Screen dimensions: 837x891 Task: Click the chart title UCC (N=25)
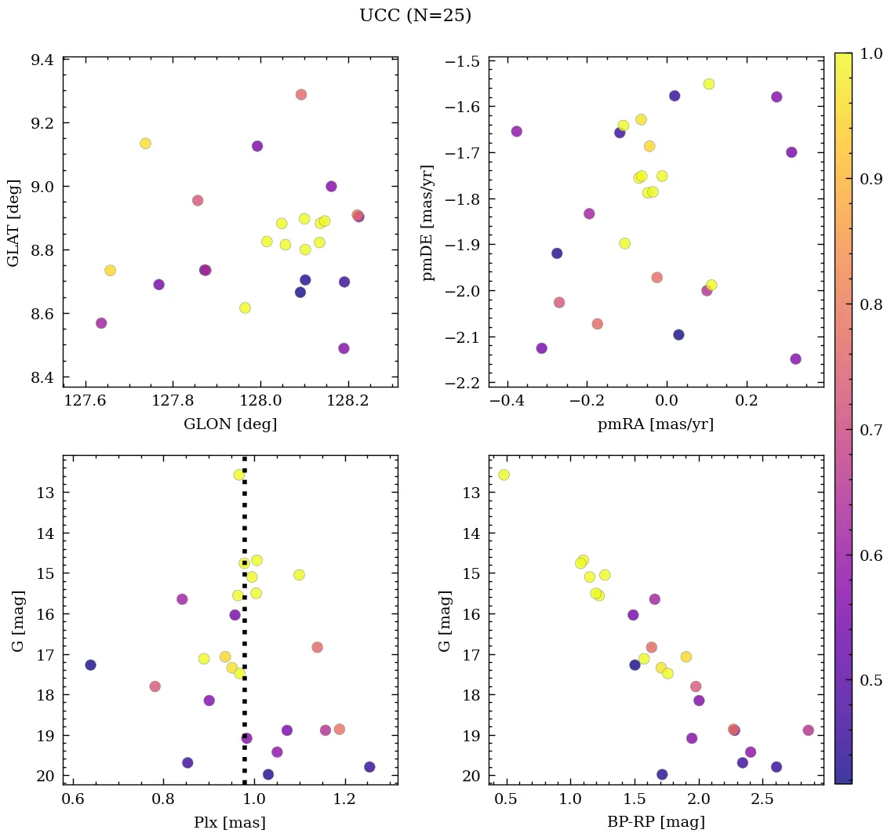click(415, 16)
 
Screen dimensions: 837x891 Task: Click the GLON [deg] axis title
click(230, 424)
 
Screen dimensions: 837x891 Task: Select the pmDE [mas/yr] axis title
click(427, 222)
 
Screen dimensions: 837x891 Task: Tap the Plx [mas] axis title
click(230, 822)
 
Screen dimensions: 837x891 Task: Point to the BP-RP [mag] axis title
click(656, 822)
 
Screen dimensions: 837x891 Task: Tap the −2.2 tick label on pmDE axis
click(462, 383)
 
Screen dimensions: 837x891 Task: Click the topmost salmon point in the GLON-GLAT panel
click(300, 94)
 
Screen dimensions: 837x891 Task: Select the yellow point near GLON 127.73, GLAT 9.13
click(145, 143)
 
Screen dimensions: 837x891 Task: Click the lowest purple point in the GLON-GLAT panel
click(344, 348)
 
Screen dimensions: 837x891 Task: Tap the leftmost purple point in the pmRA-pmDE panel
click(516, 131)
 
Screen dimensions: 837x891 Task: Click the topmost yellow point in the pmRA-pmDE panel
click(708, 84)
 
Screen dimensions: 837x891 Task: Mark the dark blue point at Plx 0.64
click(90, 665)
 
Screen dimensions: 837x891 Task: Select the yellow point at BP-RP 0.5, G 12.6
click(504, 475)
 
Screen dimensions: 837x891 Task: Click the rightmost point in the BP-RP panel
click(808, 730)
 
